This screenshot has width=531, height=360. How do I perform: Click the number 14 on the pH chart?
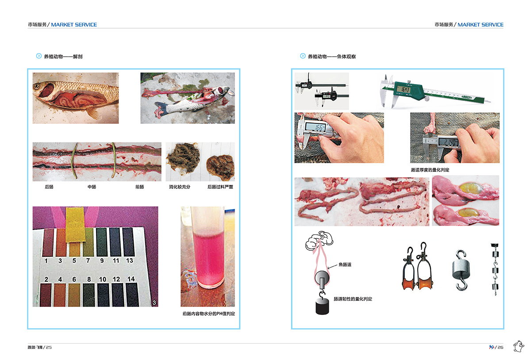point(131,279)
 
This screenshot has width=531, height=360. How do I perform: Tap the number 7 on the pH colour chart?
point(88,260)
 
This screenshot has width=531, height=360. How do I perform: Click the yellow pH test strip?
point(75,225)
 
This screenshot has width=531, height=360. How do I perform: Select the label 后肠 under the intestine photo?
point(49,187)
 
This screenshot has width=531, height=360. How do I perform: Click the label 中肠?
point(92,187)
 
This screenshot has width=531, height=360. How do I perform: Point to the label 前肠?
point(140,187)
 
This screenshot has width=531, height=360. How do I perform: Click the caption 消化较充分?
point(180,187)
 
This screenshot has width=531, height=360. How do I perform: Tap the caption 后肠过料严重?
point(220,187)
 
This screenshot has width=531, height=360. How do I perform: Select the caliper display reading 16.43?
point(405,90)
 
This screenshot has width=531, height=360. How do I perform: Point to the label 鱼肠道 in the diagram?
point(345,265)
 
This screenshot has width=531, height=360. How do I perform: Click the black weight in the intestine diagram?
point(322,306)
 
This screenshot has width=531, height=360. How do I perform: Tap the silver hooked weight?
point(461,270)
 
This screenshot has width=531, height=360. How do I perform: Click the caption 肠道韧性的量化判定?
point(353,299)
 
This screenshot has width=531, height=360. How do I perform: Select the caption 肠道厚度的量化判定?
point(430,170)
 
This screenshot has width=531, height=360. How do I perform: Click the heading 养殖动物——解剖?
point(63,57)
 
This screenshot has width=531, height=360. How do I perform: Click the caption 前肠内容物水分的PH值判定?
point(208,314)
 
